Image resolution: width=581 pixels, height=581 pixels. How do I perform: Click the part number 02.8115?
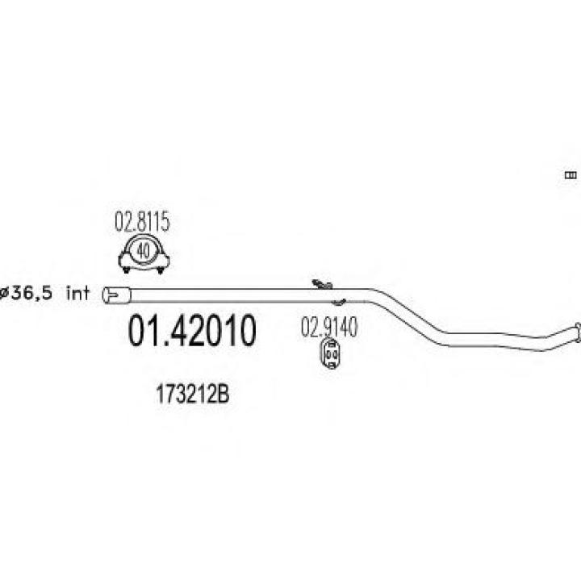142,222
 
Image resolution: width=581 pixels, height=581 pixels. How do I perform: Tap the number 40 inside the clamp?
144,252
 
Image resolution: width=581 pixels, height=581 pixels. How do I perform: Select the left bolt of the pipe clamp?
127,270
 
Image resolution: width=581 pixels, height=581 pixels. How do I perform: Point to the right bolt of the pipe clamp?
161,270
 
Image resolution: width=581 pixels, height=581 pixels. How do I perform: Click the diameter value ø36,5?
26,294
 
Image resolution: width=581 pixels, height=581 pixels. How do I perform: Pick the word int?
77,293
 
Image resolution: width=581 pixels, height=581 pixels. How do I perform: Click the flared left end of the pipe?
116,295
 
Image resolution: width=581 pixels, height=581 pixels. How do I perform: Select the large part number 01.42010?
191,331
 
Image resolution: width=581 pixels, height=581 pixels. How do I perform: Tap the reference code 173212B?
193,394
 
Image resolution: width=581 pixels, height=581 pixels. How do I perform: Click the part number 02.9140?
329,327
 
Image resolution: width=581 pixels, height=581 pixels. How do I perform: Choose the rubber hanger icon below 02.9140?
330,354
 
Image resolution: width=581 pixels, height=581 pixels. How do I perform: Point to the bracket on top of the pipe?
322,284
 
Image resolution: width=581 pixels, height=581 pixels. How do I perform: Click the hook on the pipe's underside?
338,302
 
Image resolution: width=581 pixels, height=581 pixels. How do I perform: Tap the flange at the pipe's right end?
578,331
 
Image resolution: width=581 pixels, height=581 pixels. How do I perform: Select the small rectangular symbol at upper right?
571,175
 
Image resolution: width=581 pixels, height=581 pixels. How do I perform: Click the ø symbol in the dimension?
4,294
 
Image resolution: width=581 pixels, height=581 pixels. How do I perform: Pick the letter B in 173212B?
224,394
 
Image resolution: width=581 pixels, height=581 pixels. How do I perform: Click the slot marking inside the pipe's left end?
111,295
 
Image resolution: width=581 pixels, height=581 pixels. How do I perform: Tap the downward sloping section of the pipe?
408,315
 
